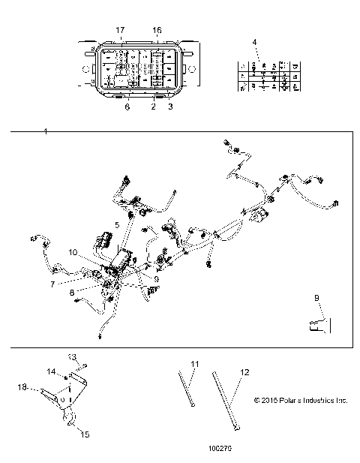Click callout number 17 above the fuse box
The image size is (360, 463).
119,29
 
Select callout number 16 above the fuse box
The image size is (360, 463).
157,29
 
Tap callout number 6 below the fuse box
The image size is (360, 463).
127,107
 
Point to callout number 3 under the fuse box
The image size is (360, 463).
170,107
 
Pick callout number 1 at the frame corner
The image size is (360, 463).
46,132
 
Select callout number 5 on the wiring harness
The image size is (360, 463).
116,224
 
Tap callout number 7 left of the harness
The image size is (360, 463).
53,284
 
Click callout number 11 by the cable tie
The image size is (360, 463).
193,364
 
